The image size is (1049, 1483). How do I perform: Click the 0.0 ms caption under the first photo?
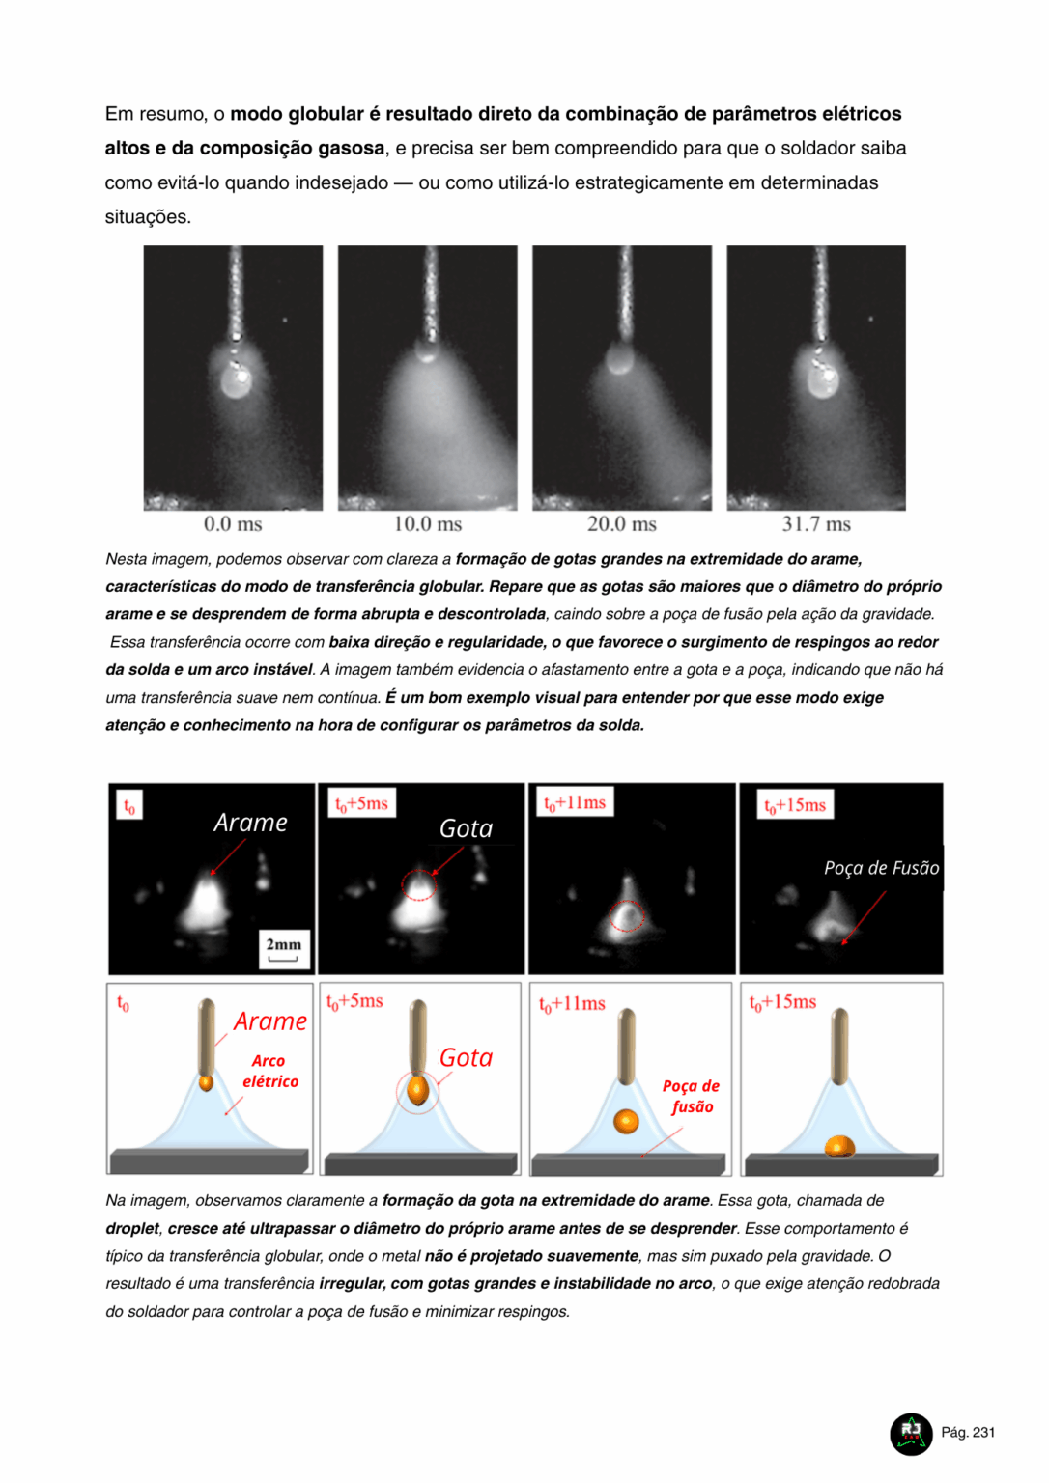point(233,524)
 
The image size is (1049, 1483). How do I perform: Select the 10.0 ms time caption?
point(428,524)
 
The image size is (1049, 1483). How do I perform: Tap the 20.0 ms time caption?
point(622,524)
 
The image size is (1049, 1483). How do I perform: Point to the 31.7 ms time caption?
point(816,524)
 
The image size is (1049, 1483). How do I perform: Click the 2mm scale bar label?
point(284,945)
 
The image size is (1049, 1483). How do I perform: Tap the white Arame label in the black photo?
point(250,823)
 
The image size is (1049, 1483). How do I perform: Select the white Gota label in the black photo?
point(466,828)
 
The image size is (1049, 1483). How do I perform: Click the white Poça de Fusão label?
point(881,868)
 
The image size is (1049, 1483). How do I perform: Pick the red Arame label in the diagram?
point(270,1021)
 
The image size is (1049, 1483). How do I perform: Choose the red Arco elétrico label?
point(270,1072)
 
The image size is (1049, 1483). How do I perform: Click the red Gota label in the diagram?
point(466,1058)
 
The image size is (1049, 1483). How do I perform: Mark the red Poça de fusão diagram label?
point(692,1097)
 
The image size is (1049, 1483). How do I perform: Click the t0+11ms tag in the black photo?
point(575,802)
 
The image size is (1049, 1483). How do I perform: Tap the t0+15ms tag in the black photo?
point(795,805)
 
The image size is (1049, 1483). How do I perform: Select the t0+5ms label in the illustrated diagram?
point(354,1002)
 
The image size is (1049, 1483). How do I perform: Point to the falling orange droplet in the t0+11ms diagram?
point(626,1121)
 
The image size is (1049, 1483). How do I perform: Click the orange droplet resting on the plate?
point(839,1146)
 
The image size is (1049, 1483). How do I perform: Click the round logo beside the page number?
point(911,1434)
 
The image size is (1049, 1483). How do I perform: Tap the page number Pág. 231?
point(968,1433)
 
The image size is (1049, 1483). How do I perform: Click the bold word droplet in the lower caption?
point(132,1229)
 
